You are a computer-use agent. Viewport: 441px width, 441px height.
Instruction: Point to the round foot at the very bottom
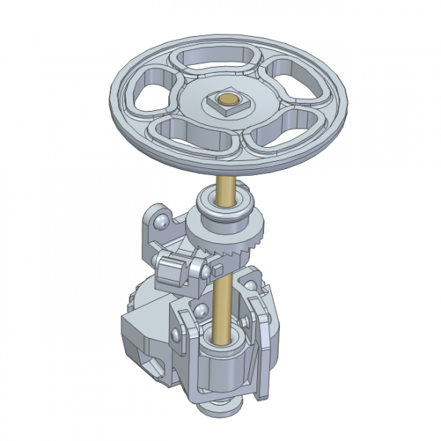tap(220, 406)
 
